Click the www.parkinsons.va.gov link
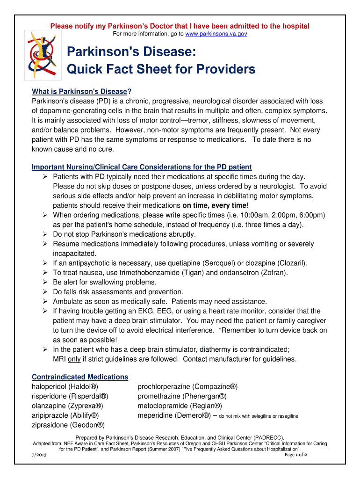pos(216,34)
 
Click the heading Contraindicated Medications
pos(79,377)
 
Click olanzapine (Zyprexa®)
pos(67,406)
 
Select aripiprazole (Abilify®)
pos(65,415)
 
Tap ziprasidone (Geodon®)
pos(68,425)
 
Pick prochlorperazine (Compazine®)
pos(187,387)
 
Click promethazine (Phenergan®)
pos(182,396)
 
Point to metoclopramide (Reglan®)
pos(180,406)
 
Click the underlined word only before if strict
pos(74,359)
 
